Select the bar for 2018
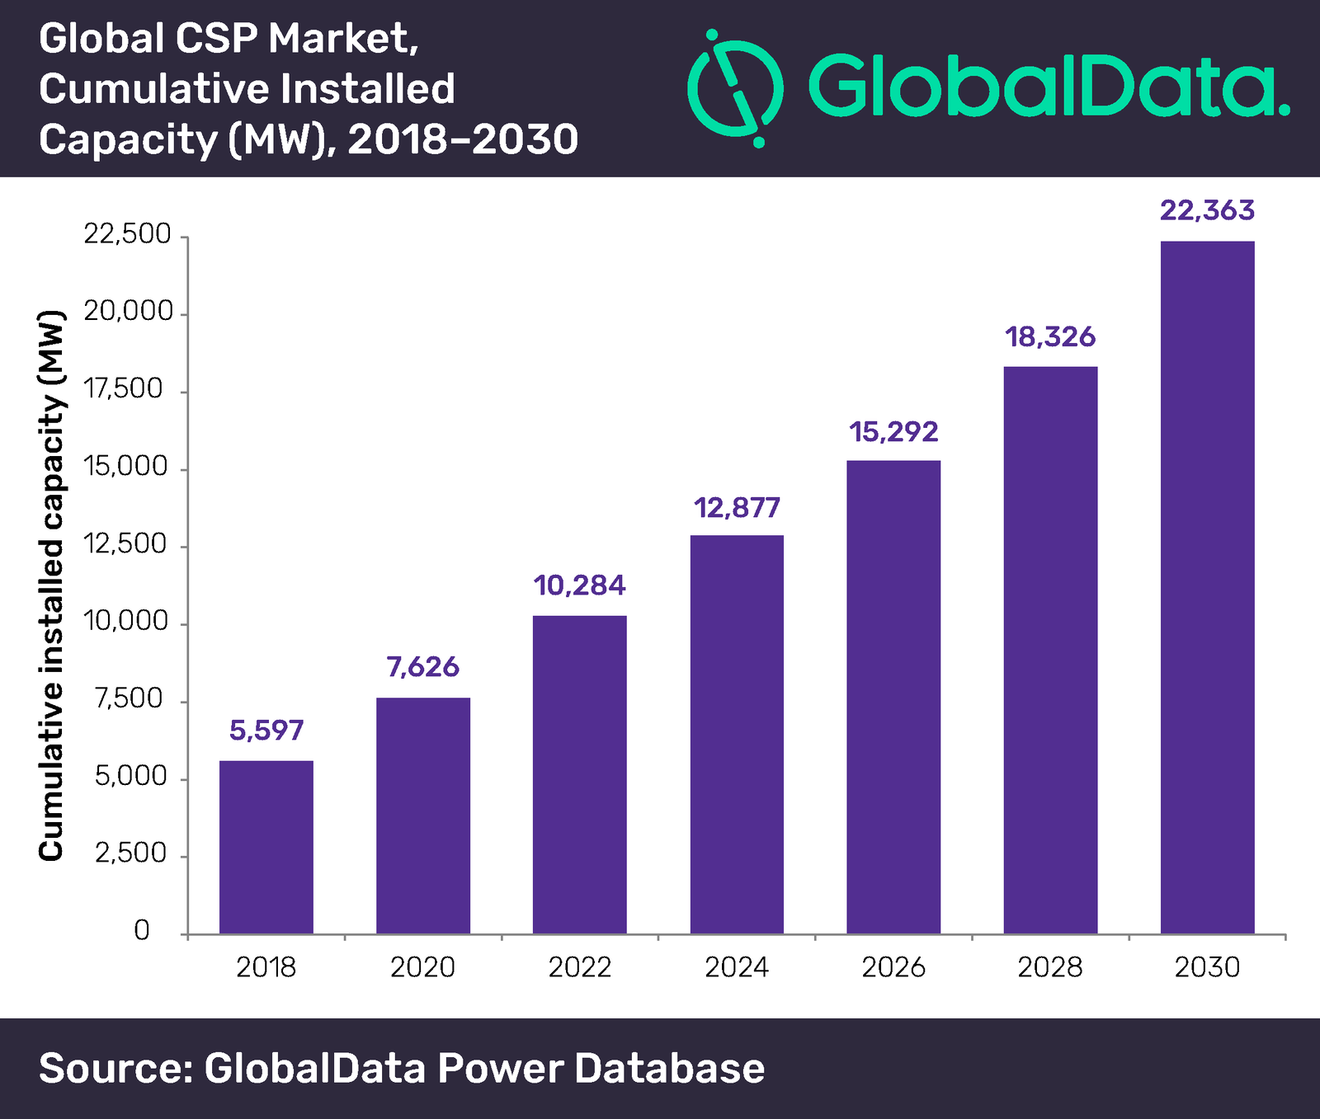pos(266,847)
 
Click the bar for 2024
pos(737,734)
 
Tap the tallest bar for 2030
pos(1207,587)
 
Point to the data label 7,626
pos(422,666)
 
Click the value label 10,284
pos(579,585)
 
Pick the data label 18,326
pos(1050,336)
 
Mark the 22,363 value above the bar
pos(1207,210)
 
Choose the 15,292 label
pos(893,431)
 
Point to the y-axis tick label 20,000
pos(128,312)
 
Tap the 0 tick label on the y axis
pos(142,930)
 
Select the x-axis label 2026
pos(893,966)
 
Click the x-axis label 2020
pos(422,966)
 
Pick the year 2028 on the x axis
pos(1050,966)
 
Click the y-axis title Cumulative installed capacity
pos(51,585)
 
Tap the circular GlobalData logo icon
pos(733,88)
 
